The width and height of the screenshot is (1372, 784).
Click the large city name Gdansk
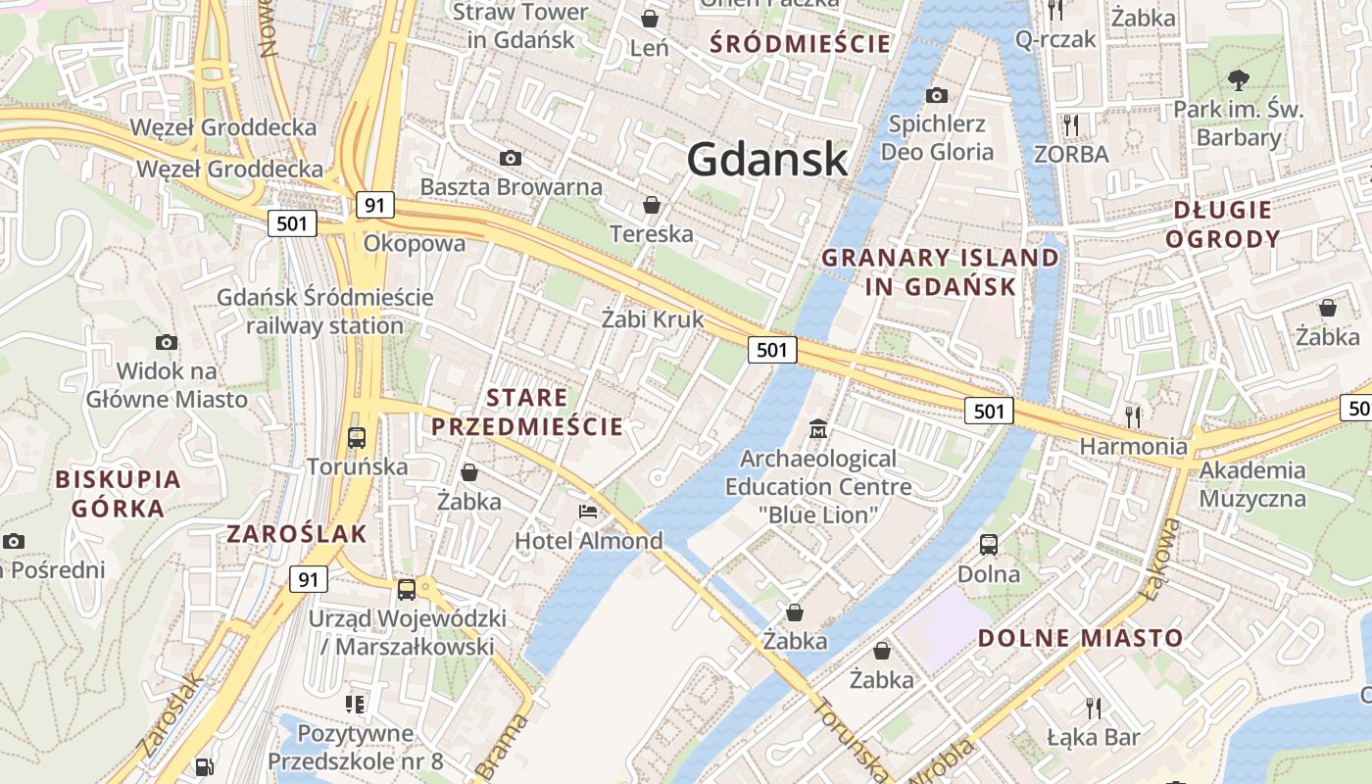[x=766, y=159]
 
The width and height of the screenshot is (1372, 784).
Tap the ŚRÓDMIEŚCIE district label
[x=801, y=43]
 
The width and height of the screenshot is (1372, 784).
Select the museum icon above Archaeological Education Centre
[x=818, y=429]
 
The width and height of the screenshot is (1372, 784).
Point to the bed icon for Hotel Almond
[x=588, y=512]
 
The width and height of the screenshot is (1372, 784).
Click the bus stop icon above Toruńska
[x=357, y=437]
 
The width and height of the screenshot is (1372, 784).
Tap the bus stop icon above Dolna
[x=989, y=545]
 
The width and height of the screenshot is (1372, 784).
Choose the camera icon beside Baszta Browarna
[x=510, y=158]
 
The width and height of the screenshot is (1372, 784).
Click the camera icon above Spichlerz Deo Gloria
[x=937, y=95]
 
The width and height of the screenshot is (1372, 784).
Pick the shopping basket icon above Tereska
[x=651, y=205]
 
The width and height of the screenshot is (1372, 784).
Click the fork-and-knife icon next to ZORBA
[x=1071, y=124]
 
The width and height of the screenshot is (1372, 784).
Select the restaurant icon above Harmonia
[x=1133, y=416]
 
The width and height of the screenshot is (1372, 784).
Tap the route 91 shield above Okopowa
[x=374, y=205]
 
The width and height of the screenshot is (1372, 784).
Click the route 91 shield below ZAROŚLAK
[x=308, y=579]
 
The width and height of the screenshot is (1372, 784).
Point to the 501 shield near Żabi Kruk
[x=772, y=350]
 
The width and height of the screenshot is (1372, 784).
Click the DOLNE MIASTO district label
[x=1081, y=638]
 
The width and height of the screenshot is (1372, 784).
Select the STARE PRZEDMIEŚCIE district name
[x=527, y=412]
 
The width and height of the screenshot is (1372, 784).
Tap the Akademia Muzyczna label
[x=1252, y=484]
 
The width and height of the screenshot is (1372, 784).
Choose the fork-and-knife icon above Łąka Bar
[x=1094, y=707]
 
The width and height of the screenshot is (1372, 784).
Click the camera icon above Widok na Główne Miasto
[x=167, y=342]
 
